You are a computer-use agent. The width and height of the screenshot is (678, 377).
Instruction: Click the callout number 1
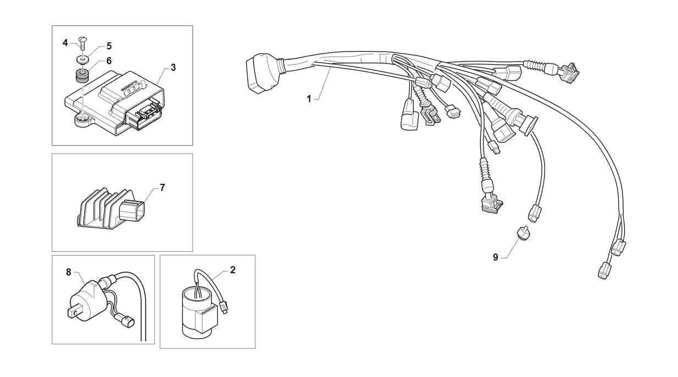tap(309, 99)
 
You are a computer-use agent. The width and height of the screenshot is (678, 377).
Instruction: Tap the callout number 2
tap(232, 270)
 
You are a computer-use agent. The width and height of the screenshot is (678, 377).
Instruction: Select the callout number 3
tap(173, 67)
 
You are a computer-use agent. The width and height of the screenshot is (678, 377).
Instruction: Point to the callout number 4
tap(65, 43)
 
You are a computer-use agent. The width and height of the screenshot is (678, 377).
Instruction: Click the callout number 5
tap(109, 46)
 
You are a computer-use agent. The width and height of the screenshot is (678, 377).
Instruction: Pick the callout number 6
tap(109, 61)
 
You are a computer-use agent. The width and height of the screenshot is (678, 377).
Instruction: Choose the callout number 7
tap(162, 188)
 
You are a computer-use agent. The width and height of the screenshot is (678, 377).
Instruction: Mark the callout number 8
tap(69, 272)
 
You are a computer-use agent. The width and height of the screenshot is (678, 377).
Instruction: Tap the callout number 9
tap(495, 257)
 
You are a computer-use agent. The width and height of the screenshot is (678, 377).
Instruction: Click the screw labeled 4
tap(82, 44)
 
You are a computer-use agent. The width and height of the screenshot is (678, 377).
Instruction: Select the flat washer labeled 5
tap(82, 60)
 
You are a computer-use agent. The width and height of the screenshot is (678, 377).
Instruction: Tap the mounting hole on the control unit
tap(82, 117)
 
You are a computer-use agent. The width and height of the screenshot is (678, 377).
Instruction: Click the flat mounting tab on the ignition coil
tap(75, 311)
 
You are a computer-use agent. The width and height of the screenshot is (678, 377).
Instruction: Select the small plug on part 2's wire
tap(224, 307)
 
